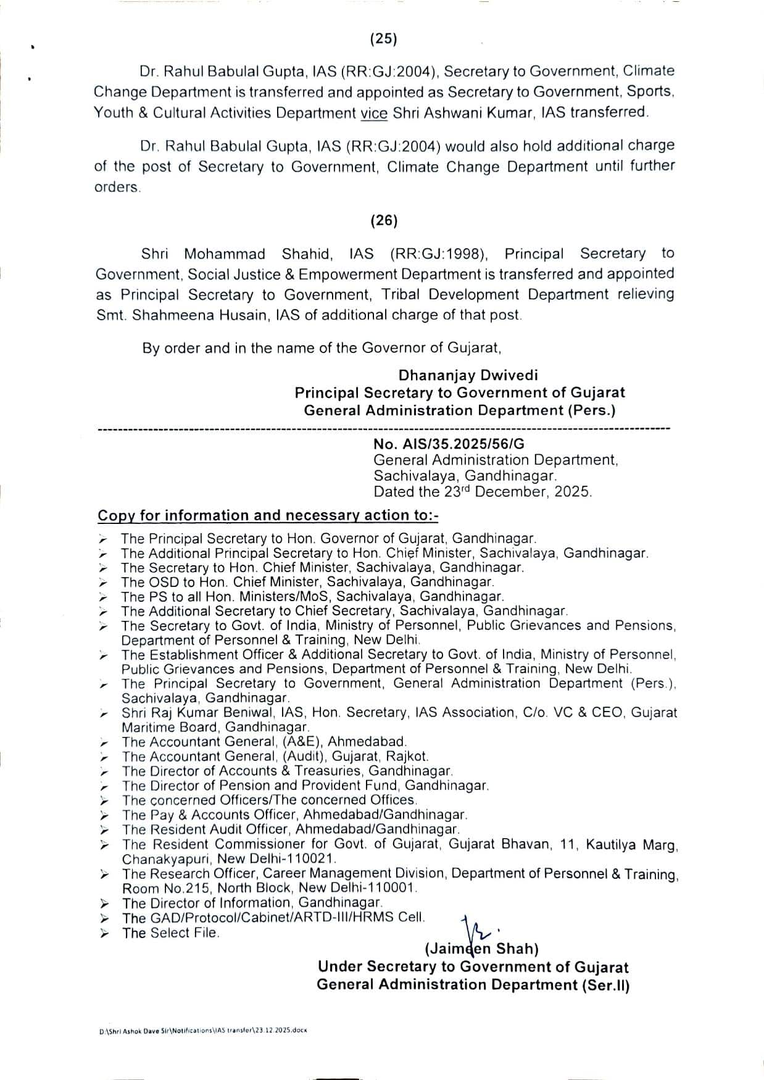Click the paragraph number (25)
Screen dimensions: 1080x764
383,39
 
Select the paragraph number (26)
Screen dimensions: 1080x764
383,220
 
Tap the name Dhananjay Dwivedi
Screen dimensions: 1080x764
468,375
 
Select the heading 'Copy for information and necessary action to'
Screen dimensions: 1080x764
267,515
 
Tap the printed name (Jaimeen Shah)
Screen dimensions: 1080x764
481,949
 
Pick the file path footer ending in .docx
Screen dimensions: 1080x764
203,1031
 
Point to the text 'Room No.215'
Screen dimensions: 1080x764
160,888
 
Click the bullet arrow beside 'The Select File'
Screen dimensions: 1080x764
105,933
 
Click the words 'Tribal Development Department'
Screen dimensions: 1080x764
495,294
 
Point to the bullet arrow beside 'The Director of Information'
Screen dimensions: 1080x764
105,903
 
